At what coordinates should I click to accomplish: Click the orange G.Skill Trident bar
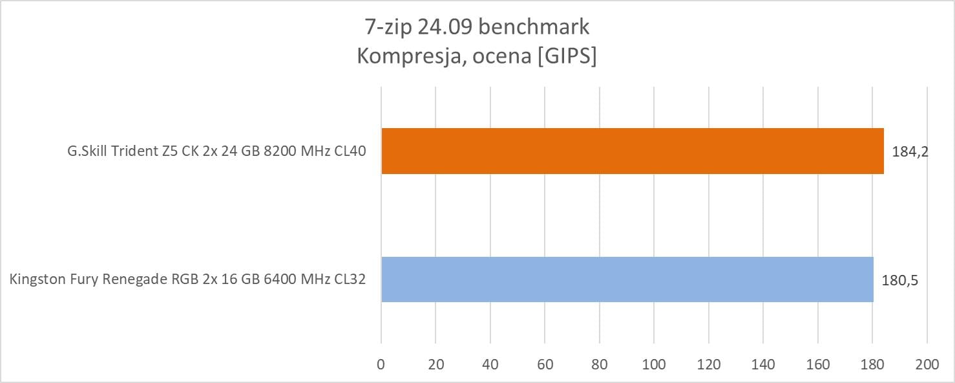pos(632,151)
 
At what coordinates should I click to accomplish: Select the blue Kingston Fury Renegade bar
pos(627,279)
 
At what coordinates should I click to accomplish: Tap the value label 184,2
pos(907,151)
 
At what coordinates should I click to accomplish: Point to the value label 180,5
pos(900,280)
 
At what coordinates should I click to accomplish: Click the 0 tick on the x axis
pos(381,364)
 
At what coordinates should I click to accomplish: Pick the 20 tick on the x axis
pos(436,364)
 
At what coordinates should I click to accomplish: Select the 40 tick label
pos(490,364)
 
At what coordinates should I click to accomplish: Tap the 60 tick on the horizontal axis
pos(545,364)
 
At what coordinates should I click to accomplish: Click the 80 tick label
pos(600,364)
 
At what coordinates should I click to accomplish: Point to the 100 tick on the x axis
pos(654,364)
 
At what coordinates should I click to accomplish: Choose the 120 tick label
pos(709,364)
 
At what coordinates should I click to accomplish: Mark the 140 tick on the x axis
pos(763,364)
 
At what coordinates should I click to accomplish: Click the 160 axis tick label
pos(818,364)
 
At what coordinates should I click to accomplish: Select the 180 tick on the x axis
pos(872,364)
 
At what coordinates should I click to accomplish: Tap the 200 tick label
pos(927,364)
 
